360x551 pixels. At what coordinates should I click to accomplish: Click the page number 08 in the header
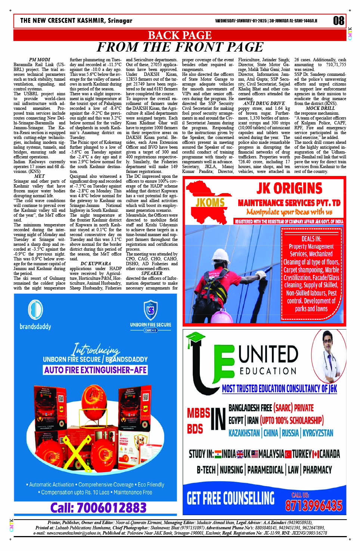click(x=338, y=21)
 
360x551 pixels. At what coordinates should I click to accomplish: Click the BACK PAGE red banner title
click(x=180, y=35)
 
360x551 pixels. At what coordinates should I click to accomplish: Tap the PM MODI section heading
click(x=39, y=60)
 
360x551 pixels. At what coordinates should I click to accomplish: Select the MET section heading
click(x=39, y=176)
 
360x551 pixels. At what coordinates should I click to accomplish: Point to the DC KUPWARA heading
click(x=96, y=264)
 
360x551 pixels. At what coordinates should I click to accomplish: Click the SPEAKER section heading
click(x=152, y=273)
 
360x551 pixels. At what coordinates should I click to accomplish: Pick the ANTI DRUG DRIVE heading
click(x=264, y=103)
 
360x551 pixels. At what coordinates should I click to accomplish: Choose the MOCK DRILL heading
click(x=320, y=108)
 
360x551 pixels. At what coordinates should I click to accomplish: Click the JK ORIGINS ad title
click(x=289, y=188)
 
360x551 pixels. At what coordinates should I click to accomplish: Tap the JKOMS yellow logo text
click(x=210, y=203)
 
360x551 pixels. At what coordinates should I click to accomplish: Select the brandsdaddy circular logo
click(x=35, y=310)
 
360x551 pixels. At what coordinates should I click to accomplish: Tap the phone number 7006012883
click(x=98, y=508)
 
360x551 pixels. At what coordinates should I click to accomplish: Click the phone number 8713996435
click(x=313, y=505)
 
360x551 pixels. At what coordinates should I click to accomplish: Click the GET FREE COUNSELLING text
click(x=230, y=498)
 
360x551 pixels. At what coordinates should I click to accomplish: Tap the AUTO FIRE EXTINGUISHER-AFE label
click(x=96, y=370)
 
